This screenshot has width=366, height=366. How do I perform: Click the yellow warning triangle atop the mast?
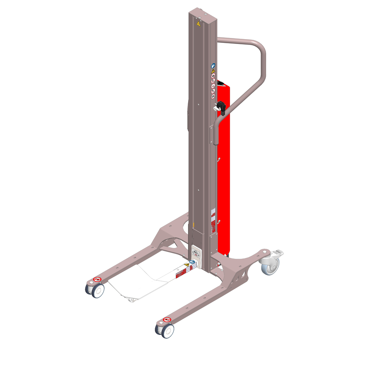[198, 24]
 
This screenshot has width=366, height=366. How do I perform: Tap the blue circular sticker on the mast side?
[213, 66]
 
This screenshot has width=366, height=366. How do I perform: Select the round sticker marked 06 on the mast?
[213, 96]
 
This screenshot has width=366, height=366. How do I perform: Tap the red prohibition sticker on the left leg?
[97, 279]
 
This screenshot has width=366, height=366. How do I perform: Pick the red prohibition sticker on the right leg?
[167, 320]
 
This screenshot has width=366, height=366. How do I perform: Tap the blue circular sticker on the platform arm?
[192, 262]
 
